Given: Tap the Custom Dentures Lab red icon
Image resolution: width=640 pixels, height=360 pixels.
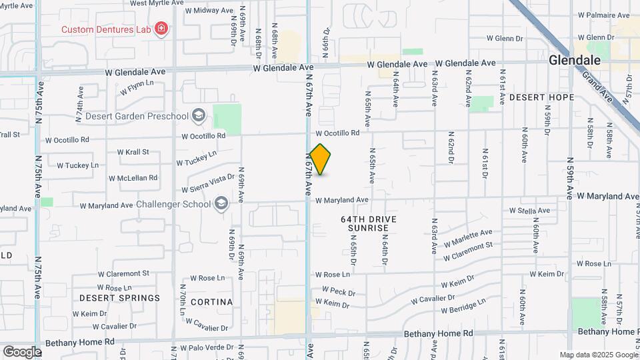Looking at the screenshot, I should click(161, 29).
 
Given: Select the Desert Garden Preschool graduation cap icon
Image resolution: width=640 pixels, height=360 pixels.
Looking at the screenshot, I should click(198, 116).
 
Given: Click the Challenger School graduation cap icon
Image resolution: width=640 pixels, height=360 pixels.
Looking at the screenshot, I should click(221, 204).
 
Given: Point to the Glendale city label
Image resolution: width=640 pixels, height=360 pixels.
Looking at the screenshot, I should click(575, 60).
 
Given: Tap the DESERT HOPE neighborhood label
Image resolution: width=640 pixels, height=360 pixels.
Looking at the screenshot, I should click(541, 97).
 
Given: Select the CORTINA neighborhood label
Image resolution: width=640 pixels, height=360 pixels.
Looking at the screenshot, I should click(211, 302).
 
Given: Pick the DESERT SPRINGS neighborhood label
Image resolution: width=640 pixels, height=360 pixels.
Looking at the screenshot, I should click(119, 298).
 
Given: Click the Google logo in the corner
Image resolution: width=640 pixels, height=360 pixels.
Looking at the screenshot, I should click(22, 351).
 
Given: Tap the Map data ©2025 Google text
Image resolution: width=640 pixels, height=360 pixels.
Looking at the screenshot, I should click(599, 355).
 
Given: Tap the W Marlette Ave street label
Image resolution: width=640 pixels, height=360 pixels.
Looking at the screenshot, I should click(469, 236).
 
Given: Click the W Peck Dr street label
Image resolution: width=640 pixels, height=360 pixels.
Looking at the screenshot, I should click(339, 292).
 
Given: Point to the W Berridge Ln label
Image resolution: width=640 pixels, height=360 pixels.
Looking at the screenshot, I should click(463, 307).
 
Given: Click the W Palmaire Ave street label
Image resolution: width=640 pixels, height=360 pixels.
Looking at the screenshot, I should click(604, 14).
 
